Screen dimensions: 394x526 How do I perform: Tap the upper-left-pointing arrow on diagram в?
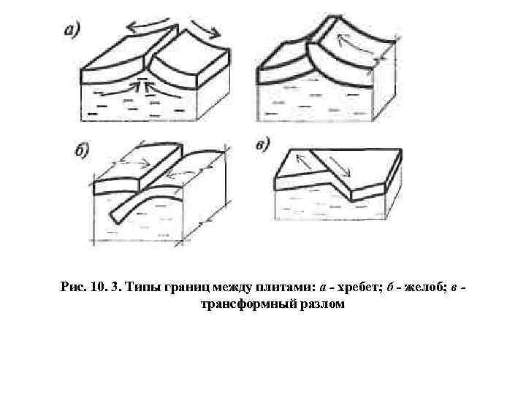[304, 161]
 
